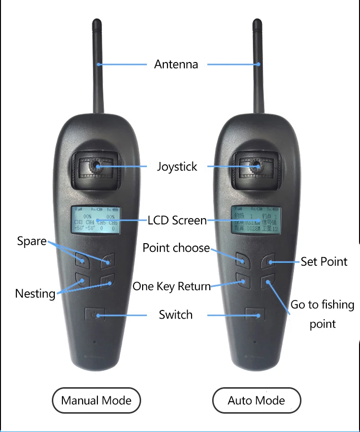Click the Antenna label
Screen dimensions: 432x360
tap(176, 64)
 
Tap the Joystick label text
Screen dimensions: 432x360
tap(177, 167)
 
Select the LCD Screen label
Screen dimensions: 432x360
tap(177, 221)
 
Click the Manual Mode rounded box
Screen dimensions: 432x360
tap(96, 400)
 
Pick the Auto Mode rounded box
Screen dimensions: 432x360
tap(256, 400)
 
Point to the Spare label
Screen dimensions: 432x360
tap(32, 241)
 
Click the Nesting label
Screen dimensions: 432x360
tap(35, 293)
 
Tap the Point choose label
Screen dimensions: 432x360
tap(176, 248)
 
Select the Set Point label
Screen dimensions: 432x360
tap(324, 262)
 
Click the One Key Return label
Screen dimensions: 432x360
tap(171, 286)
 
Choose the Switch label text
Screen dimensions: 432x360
tap(176, 315)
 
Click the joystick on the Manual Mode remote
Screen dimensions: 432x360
tap(96, 166)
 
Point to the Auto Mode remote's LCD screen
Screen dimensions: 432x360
tap(256, 221)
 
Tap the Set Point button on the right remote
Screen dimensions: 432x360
tap(270, 262)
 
